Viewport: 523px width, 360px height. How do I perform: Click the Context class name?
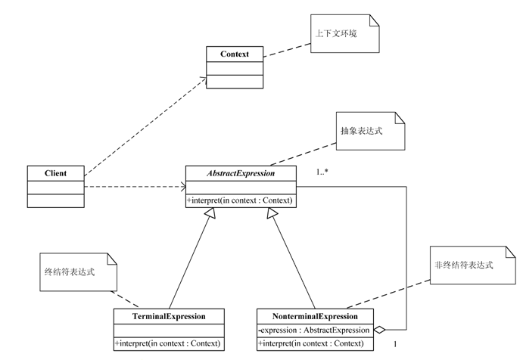click(235, 54)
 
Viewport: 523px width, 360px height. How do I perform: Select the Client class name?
click(55, 173)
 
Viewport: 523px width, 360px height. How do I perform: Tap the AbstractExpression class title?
click(241, 173)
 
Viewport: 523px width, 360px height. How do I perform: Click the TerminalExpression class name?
click(169, 315)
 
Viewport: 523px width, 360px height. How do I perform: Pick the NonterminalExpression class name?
click(315, 315)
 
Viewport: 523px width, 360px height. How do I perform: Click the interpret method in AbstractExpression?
click(241, 200)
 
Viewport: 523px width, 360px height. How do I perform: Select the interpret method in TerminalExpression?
click(169, 343)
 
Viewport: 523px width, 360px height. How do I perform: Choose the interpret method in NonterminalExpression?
click(315, 343)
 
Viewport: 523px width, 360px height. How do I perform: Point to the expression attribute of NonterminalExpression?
click(313, 330)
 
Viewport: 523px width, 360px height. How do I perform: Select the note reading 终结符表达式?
click(76, 270)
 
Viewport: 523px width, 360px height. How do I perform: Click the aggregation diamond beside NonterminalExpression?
click(381, 330)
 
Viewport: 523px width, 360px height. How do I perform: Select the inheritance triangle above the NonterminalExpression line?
click(270, 213)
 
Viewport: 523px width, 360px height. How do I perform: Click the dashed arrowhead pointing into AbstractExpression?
click(182, 187)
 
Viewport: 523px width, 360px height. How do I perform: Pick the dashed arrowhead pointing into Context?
click(204, 76)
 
